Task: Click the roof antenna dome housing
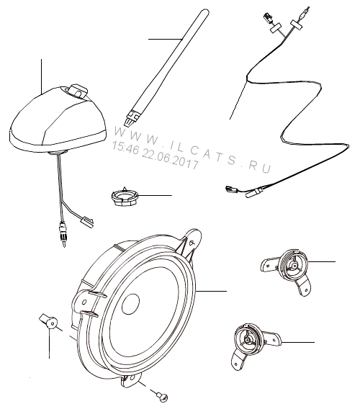coord(58,120)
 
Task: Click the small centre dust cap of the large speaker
coord(130,303)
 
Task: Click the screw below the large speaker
coord(162,397)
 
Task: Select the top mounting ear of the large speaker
coord(192,241)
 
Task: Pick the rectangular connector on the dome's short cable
coord(88,223)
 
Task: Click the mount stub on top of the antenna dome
coord(78,91)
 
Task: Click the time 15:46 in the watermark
coord(125,148)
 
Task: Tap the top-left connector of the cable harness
coord(267,18)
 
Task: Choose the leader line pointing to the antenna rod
coord(165,39)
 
